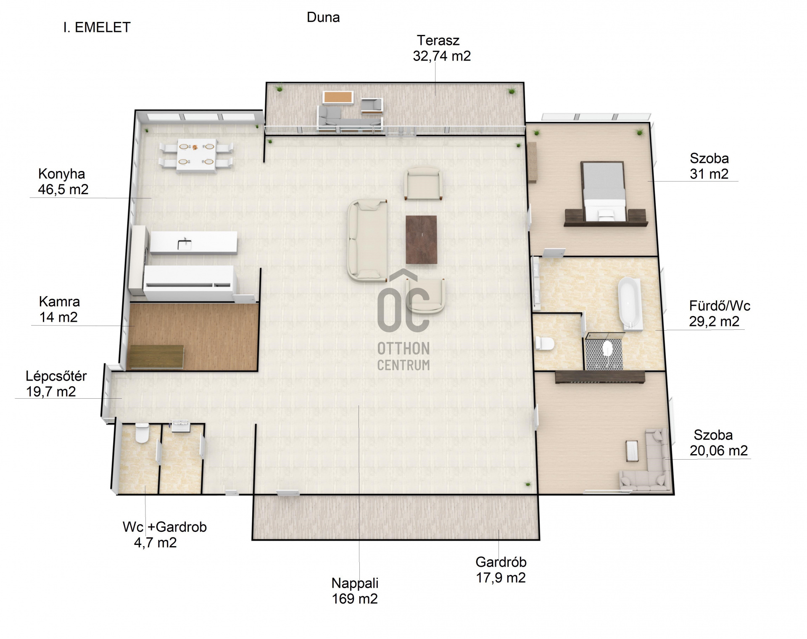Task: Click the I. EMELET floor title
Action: (x=97, y=27)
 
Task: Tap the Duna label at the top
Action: (x=323, y=17)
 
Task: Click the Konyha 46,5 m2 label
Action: (x=63, y=181)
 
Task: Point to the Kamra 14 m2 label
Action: (x=59, y=309)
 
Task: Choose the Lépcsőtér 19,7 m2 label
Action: (x=56, y=384)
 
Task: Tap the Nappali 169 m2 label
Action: (x=355, y=591)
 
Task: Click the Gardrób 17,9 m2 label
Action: (x=501, y=570)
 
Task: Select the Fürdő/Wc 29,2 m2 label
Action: (x=719, y=313)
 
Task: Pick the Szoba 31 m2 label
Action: (x=709, y=166)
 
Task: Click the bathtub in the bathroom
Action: (x=629, y=302)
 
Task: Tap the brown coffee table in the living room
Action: (x=422, y=239)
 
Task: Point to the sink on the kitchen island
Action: (x=184, y=244)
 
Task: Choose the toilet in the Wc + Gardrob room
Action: (x=142, y=433)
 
